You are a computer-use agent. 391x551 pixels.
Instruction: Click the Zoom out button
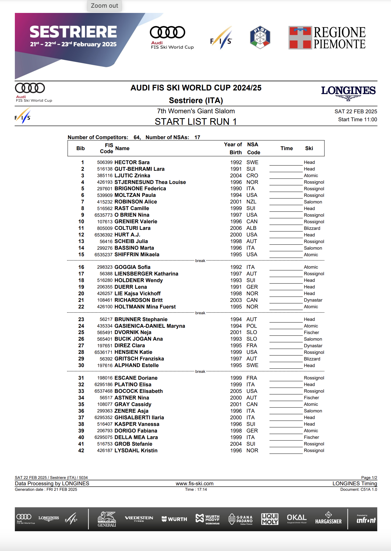tap(104, 6)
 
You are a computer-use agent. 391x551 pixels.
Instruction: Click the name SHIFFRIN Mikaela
tap(137, 255)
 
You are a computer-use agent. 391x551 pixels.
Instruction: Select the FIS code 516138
tap(104, 169)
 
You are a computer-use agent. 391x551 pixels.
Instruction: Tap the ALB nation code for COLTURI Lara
tap(251, 228)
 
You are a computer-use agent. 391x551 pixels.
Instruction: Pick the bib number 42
tap(81, 451)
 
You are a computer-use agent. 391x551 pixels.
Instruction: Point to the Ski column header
tap(309, 148)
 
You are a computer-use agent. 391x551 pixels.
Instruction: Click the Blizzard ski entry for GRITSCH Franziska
tap(312, 359)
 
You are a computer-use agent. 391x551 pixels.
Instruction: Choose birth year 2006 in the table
tap(236, 228)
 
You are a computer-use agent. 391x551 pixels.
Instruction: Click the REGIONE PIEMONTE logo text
tap(339, 38)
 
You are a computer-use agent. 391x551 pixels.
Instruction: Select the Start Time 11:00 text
tap(357, 120)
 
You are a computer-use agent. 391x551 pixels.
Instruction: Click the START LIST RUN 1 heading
tap(195, 122)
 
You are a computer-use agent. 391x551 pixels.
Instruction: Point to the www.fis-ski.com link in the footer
tap(195, 483)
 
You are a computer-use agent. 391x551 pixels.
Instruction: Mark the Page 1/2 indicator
tap(369, 478)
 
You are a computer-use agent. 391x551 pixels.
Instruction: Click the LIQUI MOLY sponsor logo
tap(270, 519)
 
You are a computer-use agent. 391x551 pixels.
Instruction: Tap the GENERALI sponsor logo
tap(107, 519)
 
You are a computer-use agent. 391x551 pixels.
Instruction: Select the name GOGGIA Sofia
tap(132, 267)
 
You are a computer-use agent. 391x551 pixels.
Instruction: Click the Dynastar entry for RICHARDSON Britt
tap(313, 300)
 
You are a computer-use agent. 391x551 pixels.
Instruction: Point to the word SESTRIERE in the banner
tap(73, 32)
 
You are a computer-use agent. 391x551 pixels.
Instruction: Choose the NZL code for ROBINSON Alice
tap(251, 202)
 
